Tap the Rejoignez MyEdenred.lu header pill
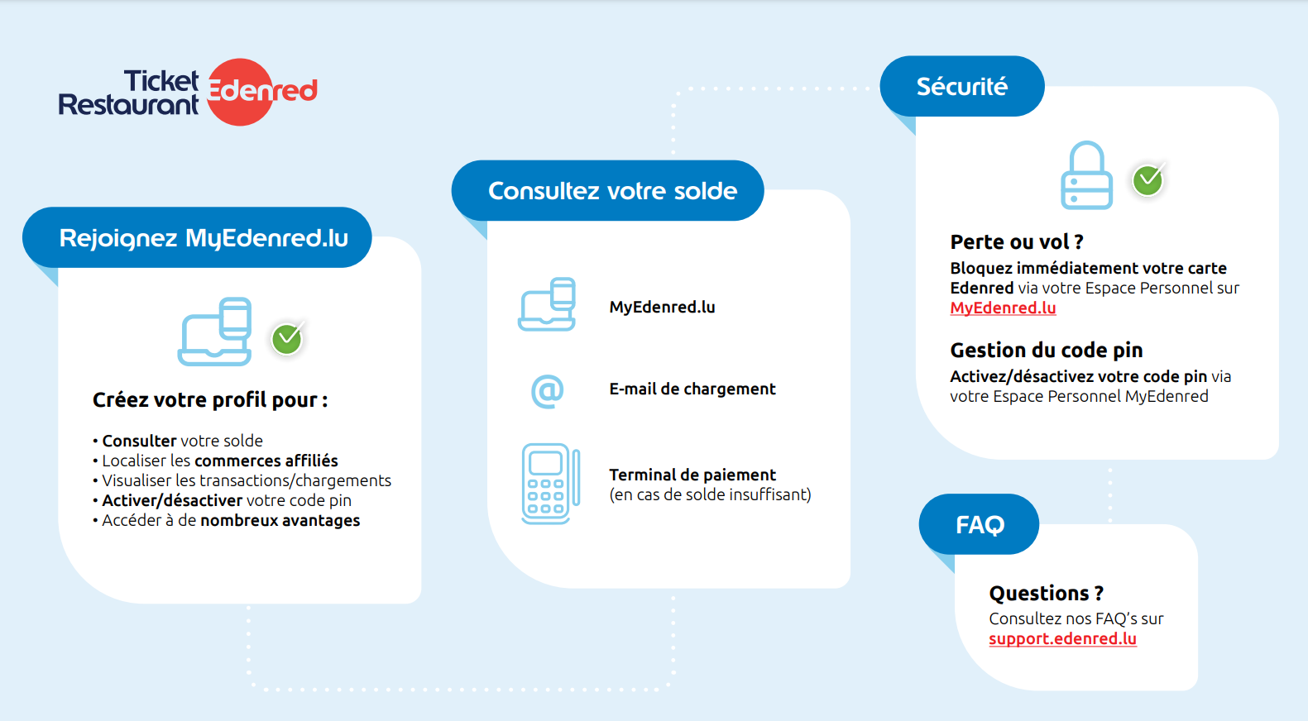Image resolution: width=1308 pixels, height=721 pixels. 198,237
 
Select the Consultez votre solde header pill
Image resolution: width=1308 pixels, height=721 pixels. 608,191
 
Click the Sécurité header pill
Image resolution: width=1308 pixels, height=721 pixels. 962,86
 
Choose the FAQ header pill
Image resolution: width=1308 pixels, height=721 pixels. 980,524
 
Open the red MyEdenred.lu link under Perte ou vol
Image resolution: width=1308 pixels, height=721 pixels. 1003,308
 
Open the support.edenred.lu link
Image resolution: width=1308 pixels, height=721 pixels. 1063,638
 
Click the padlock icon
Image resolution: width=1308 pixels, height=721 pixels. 1087,175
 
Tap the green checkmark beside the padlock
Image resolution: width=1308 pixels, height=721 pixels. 1148,179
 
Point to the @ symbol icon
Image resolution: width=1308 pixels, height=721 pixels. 547,390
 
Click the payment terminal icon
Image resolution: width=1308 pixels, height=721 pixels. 551,484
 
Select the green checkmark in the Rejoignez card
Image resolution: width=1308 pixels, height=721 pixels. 287,338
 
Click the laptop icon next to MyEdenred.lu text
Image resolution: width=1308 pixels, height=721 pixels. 547,304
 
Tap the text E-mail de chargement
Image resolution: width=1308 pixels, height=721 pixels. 692,389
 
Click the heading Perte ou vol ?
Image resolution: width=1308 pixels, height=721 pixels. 1017,241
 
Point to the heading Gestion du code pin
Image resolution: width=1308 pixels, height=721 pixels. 1046,350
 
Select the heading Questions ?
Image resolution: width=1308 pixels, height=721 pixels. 1046,593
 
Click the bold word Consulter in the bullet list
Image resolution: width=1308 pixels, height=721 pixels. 139,441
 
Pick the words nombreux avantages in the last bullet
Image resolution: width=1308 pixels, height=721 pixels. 280,520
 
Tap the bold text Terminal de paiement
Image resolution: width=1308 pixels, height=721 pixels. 692,475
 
